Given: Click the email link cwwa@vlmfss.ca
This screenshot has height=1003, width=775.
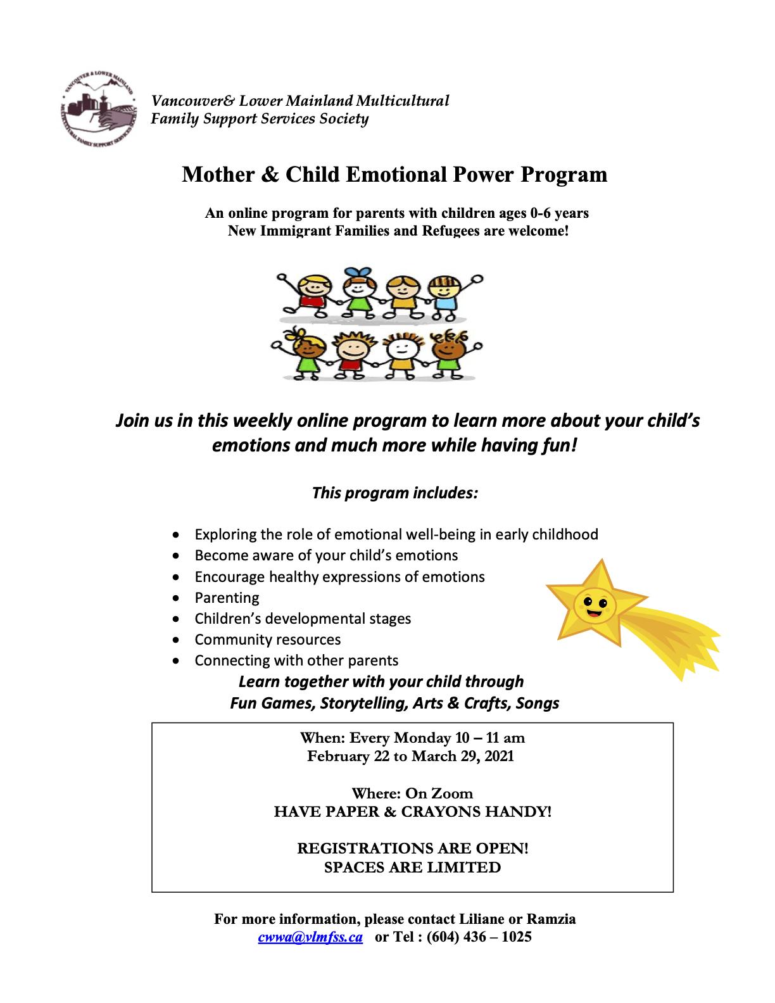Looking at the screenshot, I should tap(310, 937).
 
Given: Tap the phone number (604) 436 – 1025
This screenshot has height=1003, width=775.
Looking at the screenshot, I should tap(479, 937).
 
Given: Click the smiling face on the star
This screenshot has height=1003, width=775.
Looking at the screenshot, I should tap(595, 607).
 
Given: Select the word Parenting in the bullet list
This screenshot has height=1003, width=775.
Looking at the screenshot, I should tap(227, 598).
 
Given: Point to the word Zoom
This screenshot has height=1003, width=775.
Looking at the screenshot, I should tap(452, 793).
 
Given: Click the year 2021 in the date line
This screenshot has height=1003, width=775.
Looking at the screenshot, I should tap(499, 756).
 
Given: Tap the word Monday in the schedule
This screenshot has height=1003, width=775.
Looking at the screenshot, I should tap(422, 738).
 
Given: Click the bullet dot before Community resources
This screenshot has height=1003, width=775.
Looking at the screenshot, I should tap(176, 640).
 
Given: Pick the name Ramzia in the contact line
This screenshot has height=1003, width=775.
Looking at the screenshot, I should tap(551, 919).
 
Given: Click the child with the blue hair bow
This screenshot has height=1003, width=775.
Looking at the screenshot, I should tap(359, 293).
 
